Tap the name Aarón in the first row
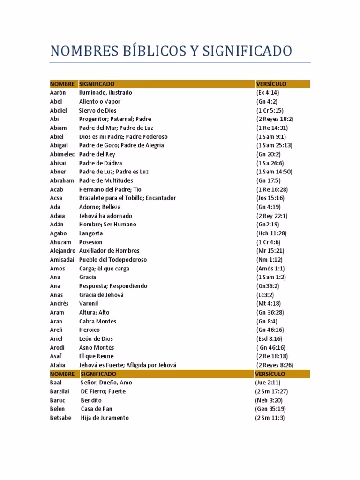[58, 93]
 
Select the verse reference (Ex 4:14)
[268, 93]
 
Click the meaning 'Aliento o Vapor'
[100, 102]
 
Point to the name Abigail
[60, 145]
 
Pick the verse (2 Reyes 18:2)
[275, 119]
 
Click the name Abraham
[62, 180]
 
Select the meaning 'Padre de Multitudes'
[106, 180]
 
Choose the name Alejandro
[63, 251]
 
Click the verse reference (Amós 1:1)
[270, 269]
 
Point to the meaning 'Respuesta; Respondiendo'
[113, 286]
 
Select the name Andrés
[59, 304]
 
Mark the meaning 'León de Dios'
[96, 339]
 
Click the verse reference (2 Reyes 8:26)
[275, 365]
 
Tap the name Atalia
[58, 365]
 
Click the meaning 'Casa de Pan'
[97, 409]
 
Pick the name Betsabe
[60, 418]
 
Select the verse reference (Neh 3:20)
[269, 400]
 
